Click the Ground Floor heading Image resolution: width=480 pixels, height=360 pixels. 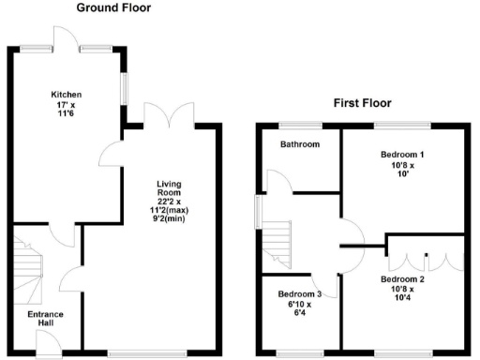click(113, 7)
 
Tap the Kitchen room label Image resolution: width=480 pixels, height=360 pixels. click(67, 95)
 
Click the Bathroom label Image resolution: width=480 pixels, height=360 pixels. click(300, 144)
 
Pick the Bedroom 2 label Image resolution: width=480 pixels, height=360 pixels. click(402, 278)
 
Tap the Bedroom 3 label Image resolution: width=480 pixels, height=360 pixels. click(299, 293)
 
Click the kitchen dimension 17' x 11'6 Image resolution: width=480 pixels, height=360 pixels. click(67, 110)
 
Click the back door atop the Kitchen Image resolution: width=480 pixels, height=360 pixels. click(67, 37)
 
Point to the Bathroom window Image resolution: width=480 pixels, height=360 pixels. click(301, 125)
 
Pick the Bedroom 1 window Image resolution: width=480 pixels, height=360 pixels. click(402, 125)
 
